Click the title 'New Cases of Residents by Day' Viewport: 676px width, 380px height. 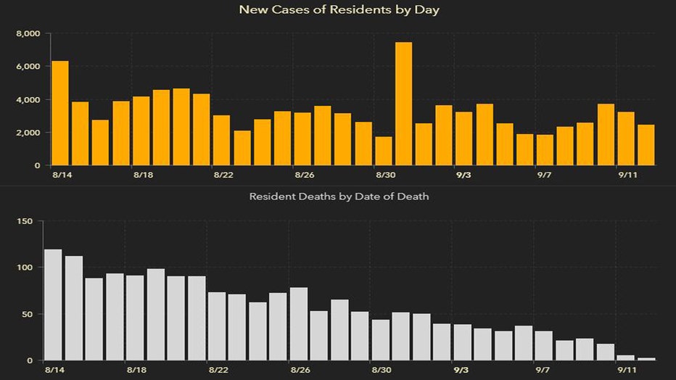click(338, 10)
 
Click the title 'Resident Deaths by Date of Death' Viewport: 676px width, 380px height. click(339, 197)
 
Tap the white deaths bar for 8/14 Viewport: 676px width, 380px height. click(53, 305)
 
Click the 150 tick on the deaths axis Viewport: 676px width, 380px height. click(25, 220)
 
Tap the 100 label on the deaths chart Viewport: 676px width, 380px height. click(25, 268)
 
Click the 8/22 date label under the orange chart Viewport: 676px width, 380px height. click(223, 175)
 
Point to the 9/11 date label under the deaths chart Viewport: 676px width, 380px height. click(625, 371)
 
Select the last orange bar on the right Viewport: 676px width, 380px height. click(646, 145)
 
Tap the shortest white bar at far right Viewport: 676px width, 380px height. click(646, 359)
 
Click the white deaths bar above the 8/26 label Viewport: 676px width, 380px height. click(299, 324)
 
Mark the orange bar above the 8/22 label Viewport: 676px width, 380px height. click(222, 140)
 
